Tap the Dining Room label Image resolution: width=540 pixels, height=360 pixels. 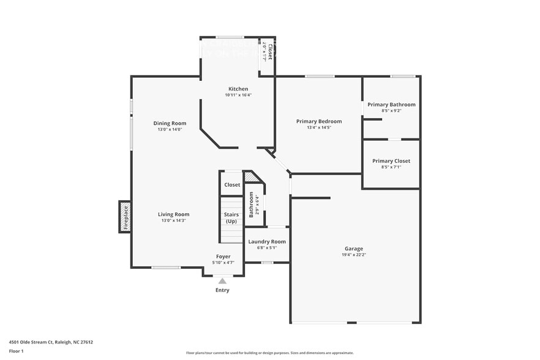170,123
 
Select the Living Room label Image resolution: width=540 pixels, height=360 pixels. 173,214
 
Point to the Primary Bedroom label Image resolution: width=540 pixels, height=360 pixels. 319,121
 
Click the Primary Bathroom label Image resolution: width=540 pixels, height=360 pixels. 391,105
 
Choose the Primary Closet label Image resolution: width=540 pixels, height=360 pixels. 391,161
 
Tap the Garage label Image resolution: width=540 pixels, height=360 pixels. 354,249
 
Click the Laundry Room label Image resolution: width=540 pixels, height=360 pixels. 267,241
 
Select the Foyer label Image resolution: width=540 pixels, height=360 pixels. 223,257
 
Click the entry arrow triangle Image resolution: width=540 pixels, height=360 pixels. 222,281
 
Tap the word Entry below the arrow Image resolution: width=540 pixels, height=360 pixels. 222,290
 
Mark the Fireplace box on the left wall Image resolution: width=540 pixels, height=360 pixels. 125,217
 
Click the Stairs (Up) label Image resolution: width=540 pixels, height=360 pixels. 231,217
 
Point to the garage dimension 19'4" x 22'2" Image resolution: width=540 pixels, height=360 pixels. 354,255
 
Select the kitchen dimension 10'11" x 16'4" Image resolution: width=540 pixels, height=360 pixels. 238,95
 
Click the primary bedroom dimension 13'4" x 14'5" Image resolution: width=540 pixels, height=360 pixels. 319,127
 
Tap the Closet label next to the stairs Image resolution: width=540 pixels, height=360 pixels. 232,185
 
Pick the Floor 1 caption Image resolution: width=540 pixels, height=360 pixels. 16,351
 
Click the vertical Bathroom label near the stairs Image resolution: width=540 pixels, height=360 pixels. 251,206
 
